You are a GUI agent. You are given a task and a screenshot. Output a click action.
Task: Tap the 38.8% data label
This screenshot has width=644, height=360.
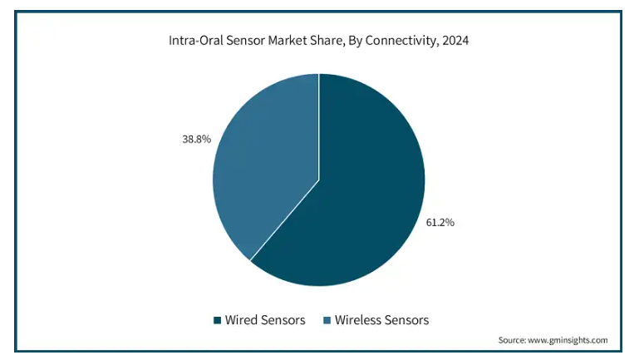coord(197,140)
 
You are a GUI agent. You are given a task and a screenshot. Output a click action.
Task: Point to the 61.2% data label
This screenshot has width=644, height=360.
coord(440,222)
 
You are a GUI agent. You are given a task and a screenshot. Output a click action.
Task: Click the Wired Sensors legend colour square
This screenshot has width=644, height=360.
coord(217,320)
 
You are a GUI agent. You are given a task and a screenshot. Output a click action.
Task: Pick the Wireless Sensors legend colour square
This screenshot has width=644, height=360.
coord(327,320)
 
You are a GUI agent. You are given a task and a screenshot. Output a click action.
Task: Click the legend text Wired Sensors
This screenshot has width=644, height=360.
coord(265,320)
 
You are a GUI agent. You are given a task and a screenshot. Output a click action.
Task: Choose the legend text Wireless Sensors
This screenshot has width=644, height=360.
coord(381,320)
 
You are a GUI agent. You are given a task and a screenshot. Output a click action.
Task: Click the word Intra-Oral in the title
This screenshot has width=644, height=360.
coord(195,40)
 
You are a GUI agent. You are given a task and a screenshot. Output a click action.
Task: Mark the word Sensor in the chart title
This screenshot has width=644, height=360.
coord(245,40)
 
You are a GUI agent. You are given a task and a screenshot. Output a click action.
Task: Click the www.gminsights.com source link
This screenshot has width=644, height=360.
coord(568,340)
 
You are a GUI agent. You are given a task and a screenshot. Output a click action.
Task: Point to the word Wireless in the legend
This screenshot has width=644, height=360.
coord(358,320)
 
